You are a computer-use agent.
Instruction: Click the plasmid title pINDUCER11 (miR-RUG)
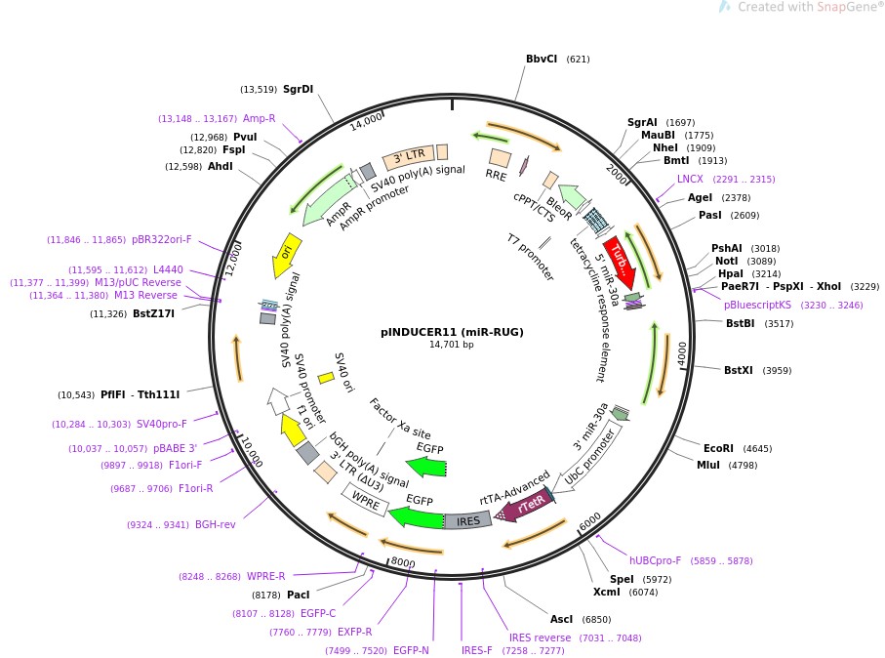452,332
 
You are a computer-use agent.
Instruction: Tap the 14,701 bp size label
452,345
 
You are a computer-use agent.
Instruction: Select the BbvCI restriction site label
542,59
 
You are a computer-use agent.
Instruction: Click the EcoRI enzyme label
718,449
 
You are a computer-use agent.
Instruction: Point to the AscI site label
562,619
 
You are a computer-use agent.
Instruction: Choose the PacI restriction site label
298,595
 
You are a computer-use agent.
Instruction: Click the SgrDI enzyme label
298,89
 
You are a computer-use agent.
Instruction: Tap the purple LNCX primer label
690,179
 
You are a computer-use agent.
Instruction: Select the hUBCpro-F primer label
656,561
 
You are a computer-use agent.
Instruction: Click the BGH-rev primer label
215,524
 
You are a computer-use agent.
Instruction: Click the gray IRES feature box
468,521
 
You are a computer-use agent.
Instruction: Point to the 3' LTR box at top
408,156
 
